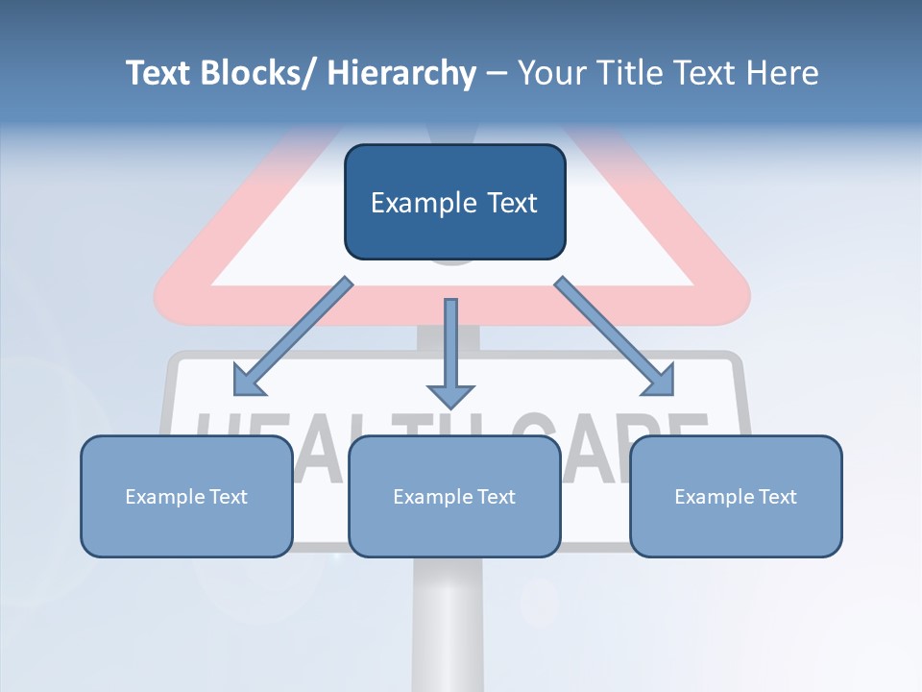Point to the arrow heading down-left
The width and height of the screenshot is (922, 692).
293,336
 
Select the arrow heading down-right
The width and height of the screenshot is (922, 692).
615,336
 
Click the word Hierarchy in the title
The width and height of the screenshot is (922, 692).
401,73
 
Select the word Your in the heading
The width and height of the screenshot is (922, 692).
550,73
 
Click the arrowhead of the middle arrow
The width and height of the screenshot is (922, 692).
450,395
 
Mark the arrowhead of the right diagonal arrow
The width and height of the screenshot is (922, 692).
661,382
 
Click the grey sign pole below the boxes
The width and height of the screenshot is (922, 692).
448,625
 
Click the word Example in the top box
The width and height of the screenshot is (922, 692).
420,204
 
